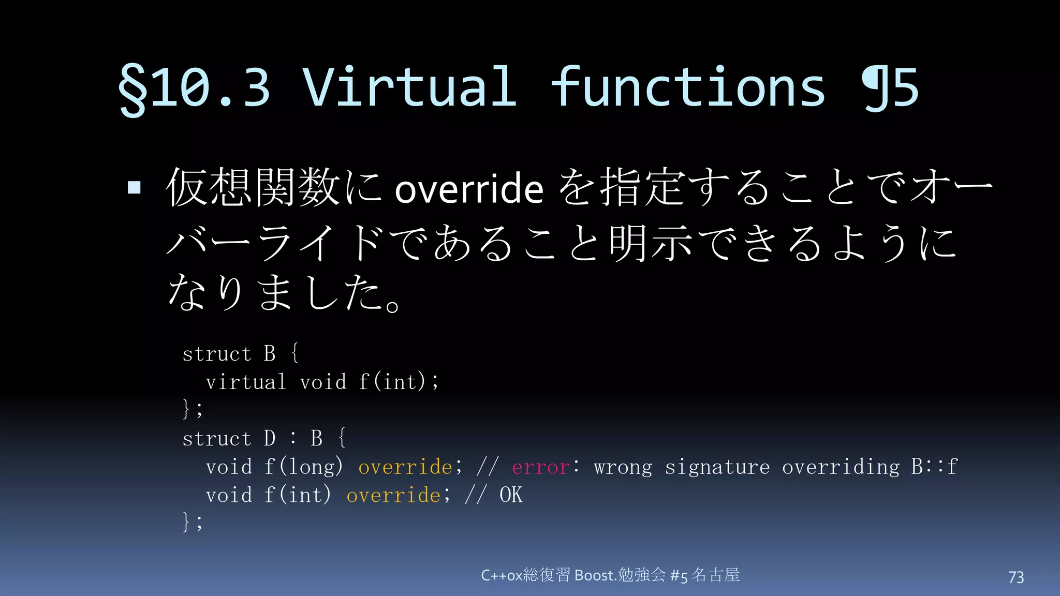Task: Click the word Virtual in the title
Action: [x=409, y=87]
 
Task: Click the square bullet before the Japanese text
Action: [x=134, y=187]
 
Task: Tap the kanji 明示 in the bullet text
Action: [x=651, y=243]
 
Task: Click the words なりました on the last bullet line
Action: [x=279, y=293]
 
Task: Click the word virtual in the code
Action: [x=246, y=382]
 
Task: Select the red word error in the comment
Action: [x=541, y=467]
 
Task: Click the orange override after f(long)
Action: [x=405, y=467]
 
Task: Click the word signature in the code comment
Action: [x=717, y=467]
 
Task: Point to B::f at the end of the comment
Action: [x=934, y=467]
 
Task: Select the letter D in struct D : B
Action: [x=270, y=439]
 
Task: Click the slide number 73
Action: [x=1016, y=577]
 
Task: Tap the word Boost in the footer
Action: [x=594, y=575]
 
